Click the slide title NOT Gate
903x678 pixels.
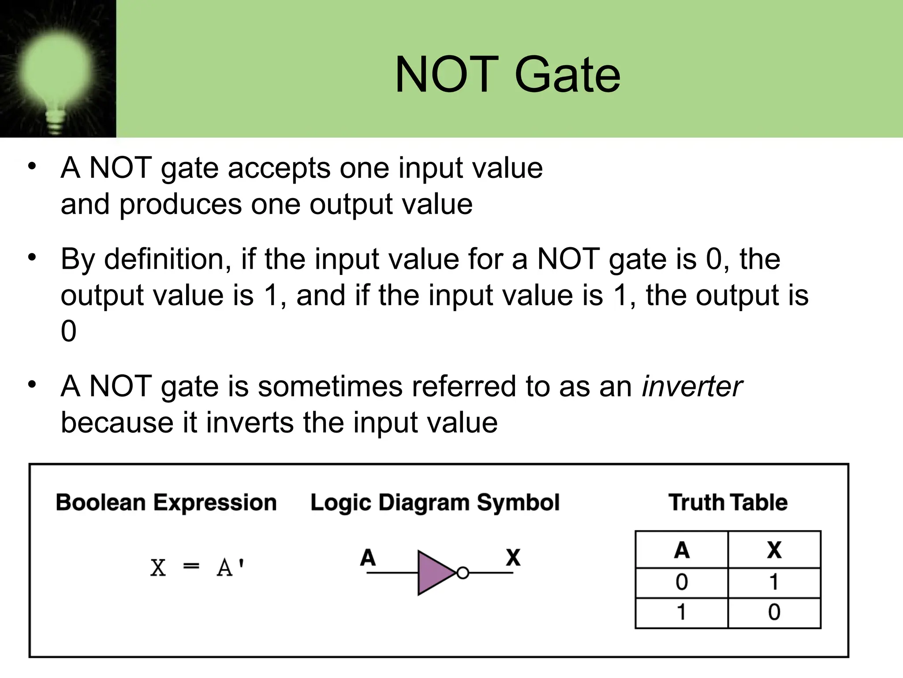[x=507, y=75]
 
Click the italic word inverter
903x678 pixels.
[x=692, y=387]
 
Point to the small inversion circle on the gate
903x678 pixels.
[x=463, y=573]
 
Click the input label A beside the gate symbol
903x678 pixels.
[x=368, y=557]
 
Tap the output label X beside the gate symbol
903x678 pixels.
[x=513, y=557]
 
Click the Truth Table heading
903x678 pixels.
[x=728, y=502]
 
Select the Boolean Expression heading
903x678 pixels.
[x=166, y=503]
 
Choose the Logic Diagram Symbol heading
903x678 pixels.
[x=435, y=503]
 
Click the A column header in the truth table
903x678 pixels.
[x=682, y=550]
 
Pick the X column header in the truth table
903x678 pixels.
[x=774, y=550]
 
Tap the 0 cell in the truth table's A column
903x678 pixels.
[x=682, y=582]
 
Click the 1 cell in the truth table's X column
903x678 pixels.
[x=774, y=582]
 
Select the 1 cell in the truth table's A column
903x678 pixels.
[x=682, y=613]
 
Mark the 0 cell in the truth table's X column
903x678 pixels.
[x=774, y=613]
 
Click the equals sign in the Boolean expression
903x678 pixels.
[x=191, y=566]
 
